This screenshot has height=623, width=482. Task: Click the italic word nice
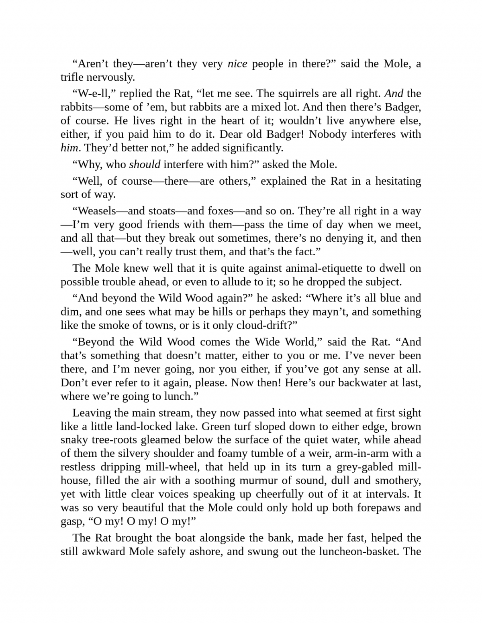237,64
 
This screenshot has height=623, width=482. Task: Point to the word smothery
398,480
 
